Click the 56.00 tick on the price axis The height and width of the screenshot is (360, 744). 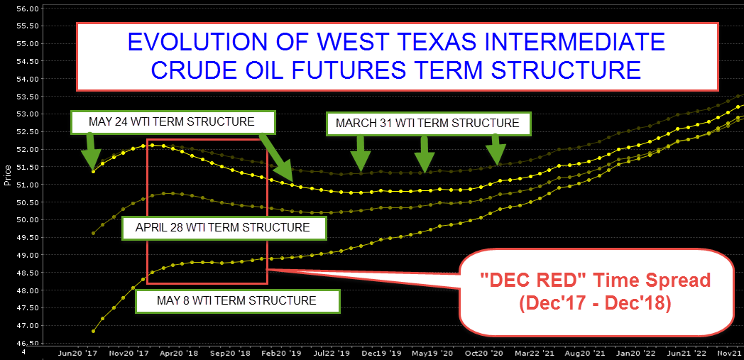28,9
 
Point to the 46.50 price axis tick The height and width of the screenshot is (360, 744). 28,343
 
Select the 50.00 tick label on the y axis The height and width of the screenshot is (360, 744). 28,219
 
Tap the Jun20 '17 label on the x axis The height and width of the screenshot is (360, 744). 75,354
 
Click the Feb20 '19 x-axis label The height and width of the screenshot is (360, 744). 275,354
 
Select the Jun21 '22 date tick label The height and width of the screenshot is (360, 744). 679,354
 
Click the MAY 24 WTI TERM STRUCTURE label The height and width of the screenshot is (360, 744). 171,121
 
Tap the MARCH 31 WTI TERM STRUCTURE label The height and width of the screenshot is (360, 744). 427,124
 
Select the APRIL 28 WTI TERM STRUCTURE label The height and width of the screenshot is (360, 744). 222,227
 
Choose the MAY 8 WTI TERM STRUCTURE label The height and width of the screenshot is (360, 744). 236,300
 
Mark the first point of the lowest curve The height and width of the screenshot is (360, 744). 94,331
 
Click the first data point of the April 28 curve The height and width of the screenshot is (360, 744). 94,234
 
